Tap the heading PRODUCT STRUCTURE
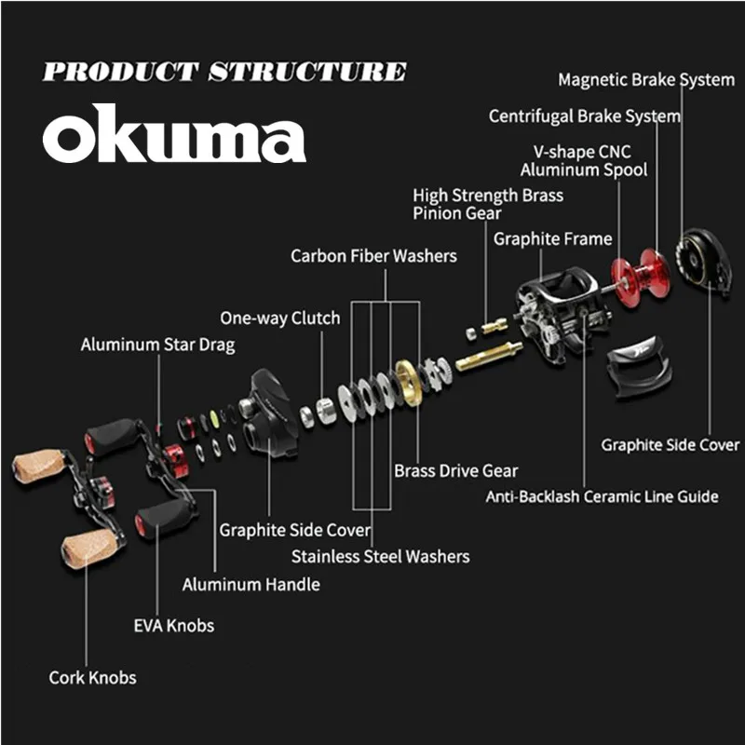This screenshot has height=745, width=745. (224, 73)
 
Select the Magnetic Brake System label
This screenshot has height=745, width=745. (645, 79)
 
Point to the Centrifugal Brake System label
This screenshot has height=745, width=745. (584, 116)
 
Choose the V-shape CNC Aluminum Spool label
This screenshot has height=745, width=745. (584, 160)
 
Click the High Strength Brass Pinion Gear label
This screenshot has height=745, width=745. (488, 204)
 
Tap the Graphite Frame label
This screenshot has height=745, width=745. (552, 239)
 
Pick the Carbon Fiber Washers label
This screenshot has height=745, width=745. (373, 255)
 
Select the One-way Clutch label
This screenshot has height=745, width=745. (279, 318)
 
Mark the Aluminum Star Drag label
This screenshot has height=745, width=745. (157, 345)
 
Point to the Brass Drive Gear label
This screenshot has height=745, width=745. (455, 471)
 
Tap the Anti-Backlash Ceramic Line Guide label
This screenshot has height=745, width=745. (602, 496)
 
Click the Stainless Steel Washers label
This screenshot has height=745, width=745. (380, 557)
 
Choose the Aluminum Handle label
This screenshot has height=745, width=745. (251, 585)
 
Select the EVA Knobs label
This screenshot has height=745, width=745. (173, 625)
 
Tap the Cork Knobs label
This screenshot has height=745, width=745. (92, 678)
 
